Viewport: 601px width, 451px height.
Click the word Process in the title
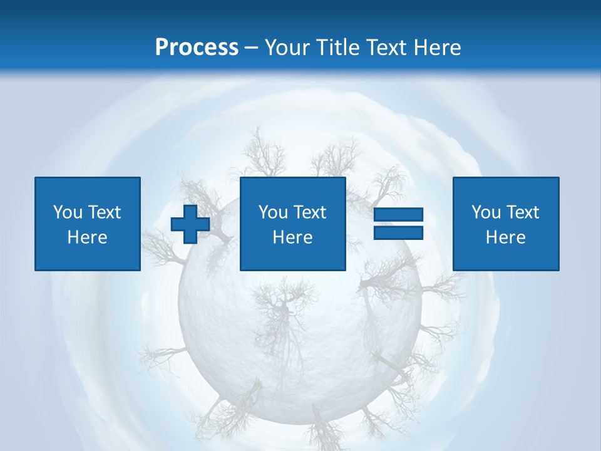[197, 47]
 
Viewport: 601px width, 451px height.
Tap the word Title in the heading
[339, 47]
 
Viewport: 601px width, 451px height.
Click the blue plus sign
[190, 224]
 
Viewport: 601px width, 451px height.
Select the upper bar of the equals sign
[398, 215]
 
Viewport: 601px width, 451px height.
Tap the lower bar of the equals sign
[398, 232]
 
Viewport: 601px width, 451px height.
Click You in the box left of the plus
[68, 212]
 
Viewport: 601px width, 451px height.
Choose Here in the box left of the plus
[88, 237]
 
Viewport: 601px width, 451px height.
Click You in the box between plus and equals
[273, 212]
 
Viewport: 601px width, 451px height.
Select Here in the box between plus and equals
[293, 237]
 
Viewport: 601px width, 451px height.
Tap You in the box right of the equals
[486, 212]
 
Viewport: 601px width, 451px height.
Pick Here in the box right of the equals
[506, 237]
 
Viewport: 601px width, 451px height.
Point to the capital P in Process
[162, 47]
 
